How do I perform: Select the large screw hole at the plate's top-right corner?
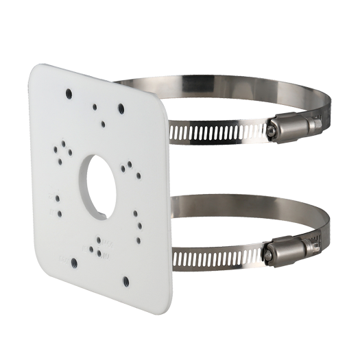pyautogui.click(x=121, y=108)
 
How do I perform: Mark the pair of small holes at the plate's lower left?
pyautogui.click(x=58, y=203)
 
